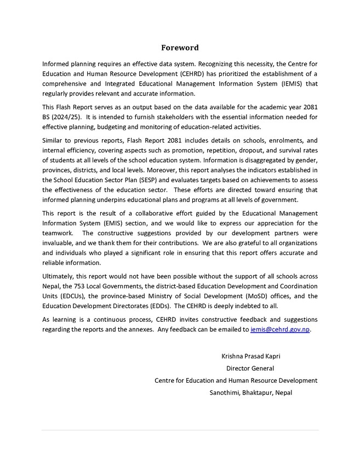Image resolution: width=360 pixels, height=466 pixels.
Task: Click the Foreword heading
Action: point(180,48)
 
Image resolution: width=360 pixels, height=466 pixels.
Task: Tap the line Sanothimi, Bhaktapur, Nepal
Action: point(250,393)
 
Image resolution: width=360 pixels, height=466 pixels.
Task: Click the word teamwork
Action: point(58,233)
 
